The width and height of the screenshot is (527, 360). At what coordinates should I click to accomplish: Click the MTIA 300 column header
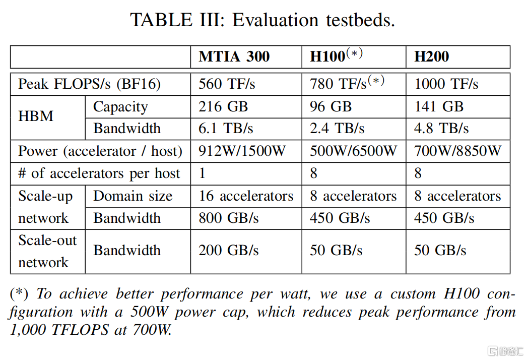coord(234,56)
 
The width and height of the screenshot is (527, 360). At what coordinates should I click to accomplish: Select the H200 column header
coord(432,56)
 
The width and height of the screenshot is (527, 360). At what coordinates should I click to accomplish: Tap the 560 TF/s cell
coord(227,84)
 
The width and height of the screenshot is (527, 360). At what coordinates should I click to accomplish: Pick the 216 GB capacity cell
coord(223,107)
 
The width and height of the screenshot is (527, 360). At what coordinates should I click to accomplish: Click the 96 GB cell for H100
coord(331,107)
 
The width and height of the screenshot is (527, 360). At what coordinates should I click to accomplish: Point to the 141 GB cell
coord(439,107)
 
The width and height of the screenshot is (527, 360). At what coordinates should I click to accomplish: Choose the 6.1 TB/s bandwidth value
coord(226,128)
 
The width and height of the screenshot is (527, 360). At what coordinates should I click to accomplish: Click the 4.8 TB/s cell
coord(442,128)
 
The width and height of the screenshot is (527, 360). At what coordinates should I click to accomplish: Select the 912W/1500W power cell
coord(242,151)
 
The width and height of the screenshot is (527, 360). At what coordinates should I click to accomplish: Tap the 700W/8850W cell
coord(458,151)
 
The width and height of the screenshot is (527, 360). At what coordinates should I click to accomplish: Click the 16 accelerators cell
coord(246,196)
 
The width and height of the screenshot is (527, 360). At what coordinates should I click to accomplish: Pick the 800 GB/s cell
coord(229,218)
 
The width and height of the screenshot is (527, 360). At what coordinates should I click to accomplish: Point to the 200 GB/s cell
coord(229,250)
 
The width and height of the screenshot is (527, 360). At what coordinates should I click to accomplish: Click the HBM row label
coord(36,116)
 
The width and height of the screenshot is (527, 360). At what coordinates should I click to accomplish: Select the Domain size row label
coord(133,196)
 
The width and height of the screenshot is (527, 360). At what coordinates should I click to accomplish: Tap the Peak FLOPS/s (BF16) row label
coord(89,84)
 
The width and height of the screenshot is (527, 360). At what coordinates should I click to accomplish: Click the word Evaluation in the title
coord(275,20)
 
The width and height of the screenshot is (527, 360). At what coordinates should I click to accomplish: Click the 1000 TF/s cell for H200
coord(446,84)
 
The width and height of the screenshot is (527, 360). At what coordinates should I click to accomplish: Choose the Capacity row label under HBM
coord(120,107)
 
